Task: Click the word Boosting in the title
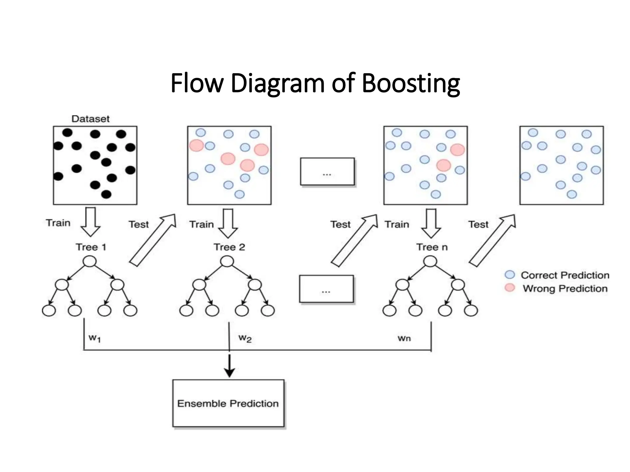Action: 411,84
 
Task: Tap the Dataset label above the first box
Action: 90,119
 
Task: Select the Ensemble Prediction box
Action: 228,403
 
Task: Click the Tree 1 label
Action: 91,247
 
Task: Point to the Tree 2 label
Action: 229,247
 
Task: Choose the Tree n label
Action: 432,247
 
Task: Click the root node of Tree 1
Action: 90,262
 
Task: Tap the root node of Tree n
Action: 430,262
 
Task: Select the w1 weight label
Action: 94,338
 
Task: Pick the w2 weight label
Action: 245,338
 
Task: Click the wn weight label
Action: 404,338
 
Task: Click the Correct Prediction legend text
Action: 565,275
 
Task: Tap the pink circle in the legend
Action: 510,288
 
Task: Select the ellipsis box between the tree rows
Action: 326,289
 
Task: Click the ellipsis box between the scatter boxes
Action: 327,171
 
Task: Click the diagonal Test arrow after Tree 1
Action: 153,240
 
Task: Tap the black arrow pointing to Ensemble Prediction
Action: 229,366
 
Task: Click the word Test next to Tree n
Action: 478,224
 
